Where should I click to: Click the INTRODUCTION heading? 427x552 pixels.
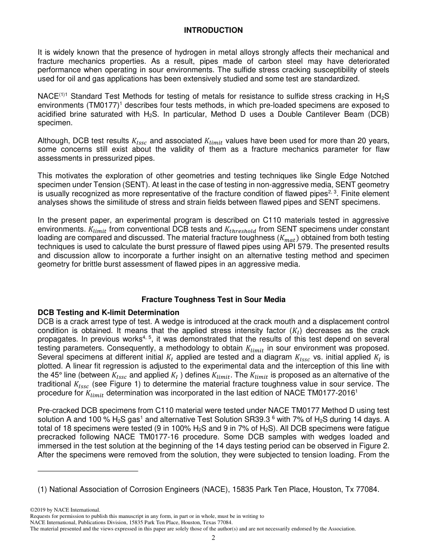tap(213, 31)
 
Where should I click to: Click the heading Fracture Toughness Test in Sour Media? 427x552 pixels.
tap(213, 299)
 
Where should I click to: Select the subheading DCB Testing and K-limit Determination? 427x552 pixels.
tap(108, 312)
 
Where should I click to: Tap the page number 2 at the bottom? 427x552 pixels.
tap(213, 538)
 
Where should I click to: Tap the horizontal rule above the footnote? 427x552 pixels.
tap(88, 471)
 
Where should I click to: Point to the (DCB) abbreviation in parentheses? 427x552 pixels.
tap(378, 114)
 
